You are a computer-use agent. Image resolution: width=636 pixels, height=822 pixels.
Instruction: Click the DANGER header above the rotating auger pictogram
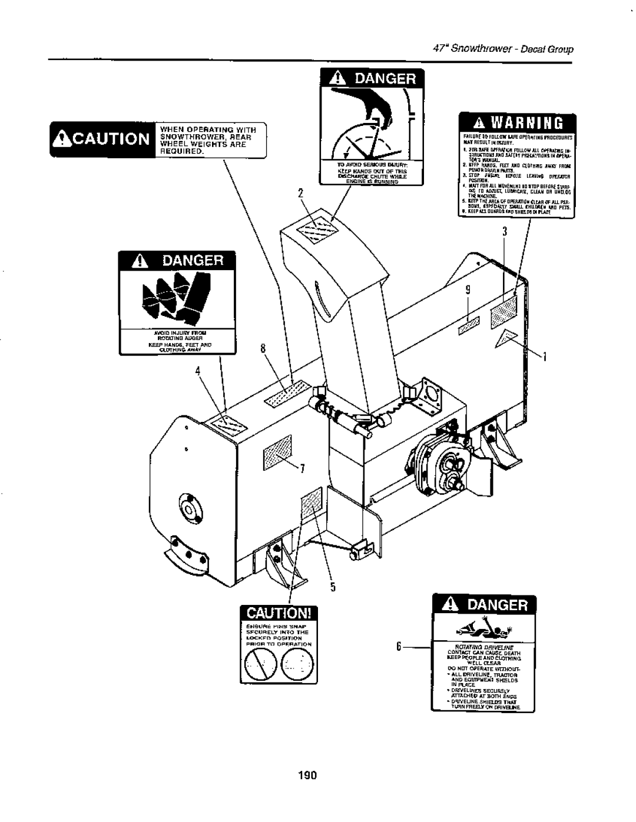coord(177,260)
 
